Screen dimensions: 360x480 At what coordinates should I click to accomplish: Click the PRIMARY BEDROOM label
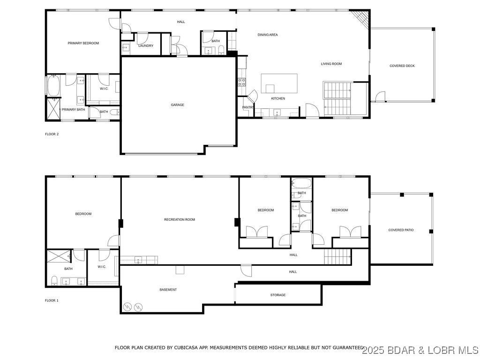click(83, 43)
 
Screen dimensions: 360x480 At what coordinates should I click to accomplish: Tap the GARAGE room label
click(177, 105)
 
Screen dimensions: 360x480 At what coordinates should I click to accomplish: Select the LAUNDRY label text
click(146, 46)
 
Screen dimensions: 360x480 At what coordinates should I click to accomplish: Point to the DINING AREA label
click(268, 35)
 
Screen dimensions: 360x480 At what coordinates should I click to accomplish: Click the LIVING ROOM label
click(331, 64)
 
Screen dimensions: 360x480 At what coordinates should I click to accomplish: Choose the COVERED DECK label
click(402, 66)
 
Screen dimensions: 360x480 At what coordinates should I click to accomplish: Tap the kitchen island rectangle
click(279, 83)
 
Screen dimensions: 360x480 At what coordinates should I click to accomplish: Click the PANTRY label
click(247, 107)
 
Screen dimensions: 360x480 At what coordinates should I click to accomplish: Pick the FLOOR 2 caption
click(52, 134)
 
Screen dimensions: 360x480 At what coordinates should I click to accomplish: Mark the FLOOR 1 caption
click(52, 300)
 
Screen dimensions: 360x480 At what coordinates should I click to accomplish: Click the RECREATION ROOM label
click(180, 220)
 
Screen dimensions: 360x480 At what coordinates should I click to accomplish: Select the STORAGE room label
click(278, 295)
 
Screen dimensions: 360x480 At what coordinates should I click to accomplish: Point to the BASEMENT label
click(168, 290)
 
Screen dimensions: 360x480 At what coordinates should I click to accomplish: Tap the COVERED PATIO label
click(401, 230)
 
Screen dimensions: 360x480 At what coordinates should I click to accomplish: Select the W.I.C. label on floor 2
click(104, 89)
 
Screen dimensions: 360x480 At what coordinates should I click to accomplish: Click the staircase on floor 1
click(337, 256)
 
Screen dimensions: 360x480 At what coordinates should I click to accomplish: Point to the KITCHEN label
click(278, 98)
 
